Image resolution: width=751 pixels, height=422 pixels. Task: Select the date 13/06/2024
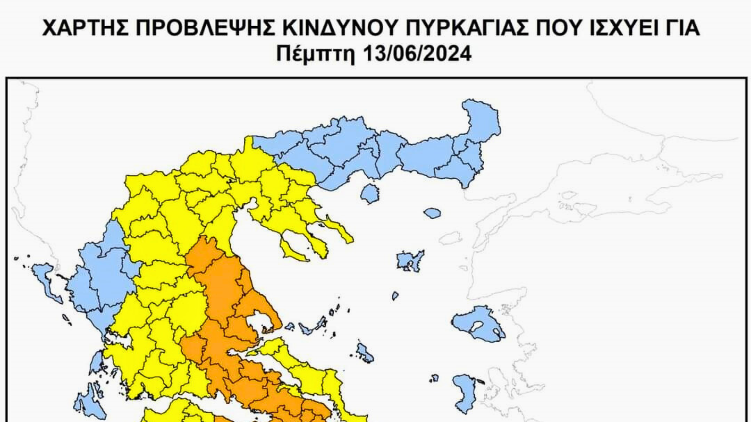tap(417, 54)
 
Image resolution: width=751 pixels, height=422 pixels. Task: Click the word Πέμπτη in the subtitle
tap(315, 54)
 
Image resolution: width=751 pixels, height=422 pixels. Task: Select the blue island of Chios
tap(465, 393)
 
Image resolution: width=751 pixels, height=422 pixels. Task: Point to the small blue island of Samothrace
tap(432, 213)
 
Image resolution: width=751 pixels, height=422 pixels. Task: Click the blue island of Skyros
tap(365, 353)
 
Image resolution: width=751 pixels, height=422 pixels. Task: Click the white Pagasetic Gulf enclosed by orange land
tap(260, 322)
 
